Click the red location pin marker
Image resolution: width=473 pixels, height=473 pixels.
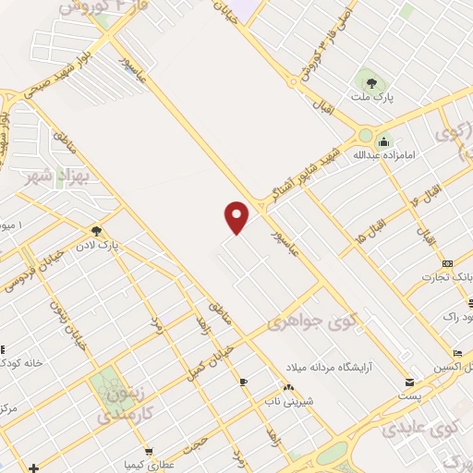coord(237,216)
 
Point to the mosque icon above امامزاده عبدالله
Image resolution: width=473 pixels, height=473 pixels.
coord(382,141)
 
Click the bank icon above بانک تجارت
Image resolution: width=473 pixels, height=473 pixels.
coord(447,263)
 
